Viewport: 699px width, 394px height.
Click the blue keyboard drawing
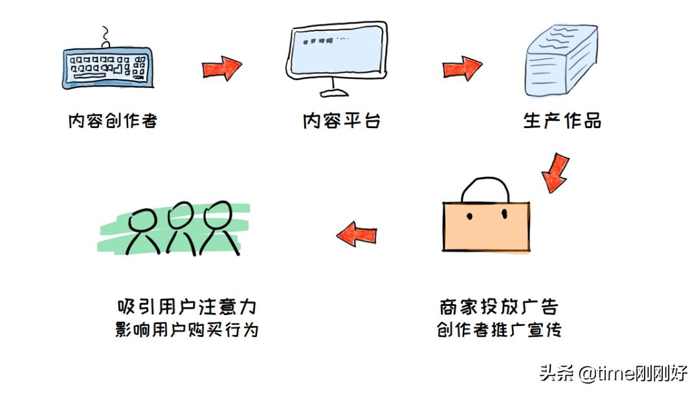click(107, 66)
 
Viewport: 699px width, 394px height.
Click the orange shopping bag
click(486, 226)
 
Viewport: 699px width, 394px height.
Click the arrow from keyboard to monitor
click(221, 68)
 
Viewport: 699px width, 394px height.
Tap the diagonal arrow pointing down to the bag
click(555, 173)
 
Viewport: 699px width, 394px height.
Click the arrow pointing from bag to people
click(357, 234)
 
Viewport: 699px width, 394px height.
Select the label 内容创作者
click(113, 121)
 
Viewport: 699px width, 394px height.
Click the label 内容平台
click(341, 121)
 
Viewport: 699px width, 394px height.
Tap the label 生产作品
click(562, 121)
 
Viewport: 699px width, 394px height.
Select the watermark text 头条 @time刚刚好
click(613, 374)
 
